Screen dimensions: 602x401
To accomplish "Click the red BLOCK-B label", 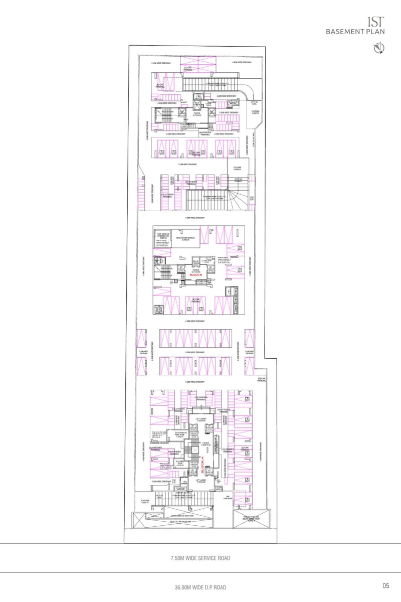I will pos(194,275).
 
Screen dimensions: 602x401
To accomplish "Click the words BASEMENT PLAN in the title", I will pos(355,31).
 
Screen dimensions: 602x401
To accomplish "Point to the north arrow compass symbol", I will pos(378,48).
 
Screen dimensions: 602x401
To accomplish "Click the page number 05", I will pos(385,585).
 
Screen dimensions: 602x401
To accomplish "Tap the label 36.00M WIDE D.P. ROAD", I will pos(200,587).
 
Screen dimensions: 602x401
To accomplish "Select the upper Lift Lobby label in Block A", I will pos(201,419).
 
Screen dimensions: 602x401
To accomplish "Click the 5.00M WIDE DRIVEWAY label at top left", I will pos(161,63).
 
